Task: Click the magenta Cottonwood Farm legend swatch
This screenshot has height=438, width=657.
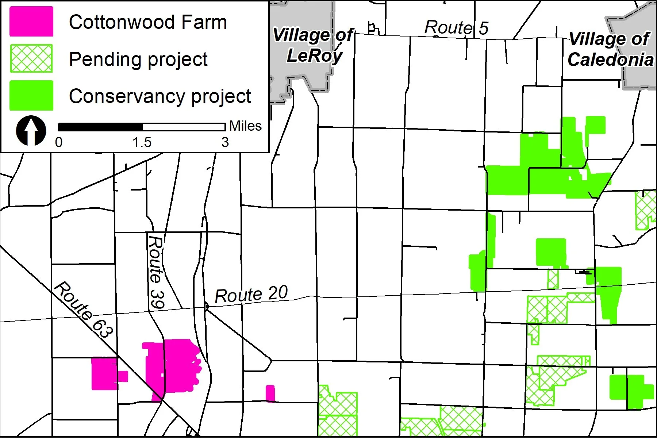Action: click(x=31, y=22)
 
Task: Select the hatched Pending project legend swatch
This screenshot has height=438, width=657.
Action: click(x=31, y=58)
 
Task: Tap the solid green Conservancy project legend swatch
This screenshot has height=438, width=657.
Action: click(x=31, y=96)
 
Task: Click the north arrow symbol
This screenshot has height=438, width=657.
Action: click(x=31, y=131)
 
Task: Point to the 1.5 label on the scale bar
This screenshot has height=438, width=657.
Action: click(x=142, y=142)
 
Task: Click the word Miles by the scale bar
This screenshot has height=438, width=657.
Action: click(x=245, y=126)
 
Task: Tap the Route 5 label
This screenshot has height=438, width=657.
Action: click(x=456, y=27)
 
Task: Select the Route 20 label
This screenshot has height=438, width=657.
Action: click(x=251, y=295)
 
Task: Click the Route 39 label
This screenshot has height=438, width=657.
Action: click(x=156, y=272)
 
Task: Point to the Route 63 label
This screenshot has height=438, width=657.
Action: click(x=83, y=310)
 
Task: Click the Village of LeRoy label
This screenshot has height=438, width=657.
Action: click(x=313, y=45)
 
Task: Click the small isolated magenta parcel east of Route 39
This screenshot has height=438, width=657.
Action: click(x=270, y=393)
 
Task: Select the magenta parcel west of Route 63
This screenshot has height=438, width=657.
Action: click(x=104, y=373)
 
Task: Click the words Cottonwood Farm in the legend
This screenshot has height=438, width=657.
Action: click(x=148, y=22)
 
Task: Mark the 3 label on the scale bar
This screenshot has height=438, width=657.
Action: click(x=225, y=142)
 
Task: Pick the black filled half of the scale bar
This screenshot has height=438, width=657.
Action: click(x=100, y=127)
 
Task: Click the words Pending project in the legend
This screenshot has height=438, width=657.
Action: click(x=138, y=59)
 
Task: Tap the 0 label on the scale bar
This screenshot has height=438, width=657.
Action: click(x=59, y=142)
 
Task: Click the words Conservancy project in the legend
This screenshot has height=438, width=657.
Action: click(x=160, y=96)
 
